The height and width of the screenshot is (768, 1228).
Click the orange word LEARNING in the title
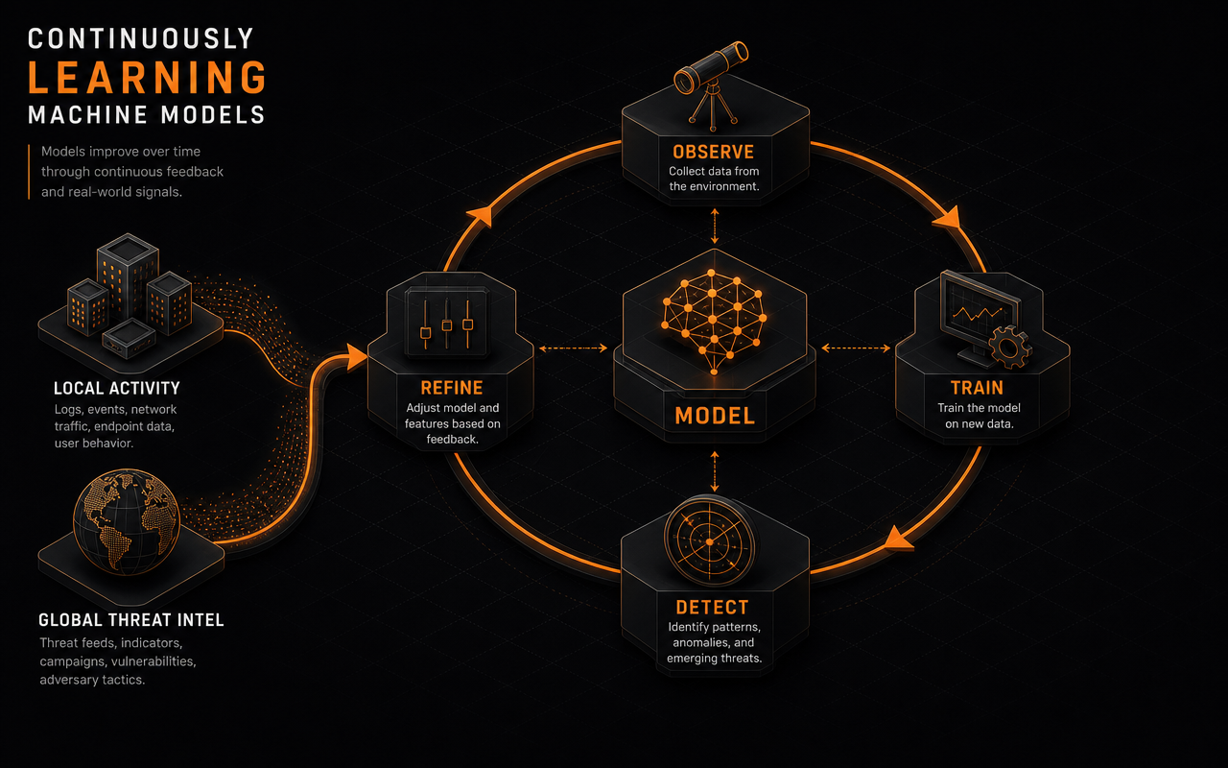[148, 78]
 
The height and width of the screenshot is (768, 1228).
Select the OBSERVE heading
[713, 152]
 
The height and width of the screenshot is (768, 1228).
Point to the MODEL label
[715, 416]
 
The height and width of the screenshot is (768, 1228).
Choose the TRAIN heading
[977, 388]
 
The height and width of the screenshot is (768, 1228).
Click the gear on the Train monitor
[1010, 347]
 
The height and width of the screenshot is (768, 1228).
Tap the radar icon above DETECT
[710, 541]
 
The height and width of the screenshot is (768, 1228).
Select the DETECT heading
[712, 608]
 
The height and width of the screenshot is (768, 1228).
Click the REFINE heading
[452, 388]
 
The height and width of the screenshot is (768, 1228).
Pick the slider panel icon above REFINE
[447, 324]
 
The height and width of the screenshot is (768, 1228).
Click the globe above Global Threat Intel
[127, 521]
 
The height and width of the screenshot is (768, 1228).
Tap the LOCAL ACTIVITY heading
[117, 389]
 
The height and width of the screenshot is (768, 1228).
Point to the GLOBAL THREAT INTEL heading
[131, 620]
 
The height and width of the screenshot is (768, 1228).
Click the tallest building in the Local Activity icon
[128, 277]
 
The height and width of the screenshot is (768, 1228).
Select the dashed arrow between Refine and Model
[573, 348]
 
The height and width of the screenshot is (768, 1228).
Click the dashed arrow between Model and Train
[856, 348]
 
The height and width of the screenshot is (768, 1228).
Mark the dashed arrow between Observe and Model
[714, 226]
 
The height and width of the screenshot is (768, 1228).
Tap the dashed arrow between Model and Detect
[714, 471]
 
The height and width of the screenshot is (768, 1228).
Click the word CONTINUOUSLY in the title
[140, 39]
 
